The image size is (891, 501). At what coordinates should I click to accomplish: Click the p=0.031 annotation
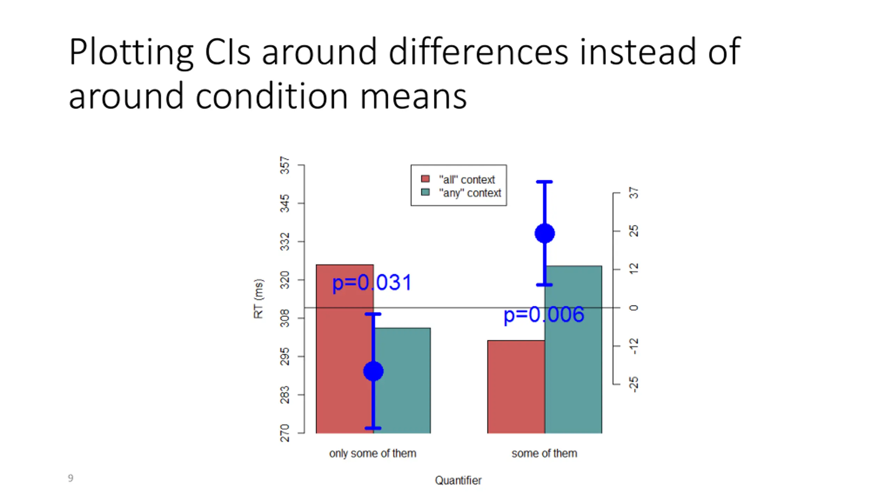coord(372,283)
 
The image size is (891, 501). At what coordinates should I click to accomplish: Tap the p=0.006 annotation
coord(544,315)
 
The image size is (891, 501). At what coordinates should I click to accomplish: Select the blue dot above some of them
coord(544,233)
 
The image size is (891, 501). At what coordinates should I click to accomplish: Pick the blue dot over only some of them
coord(373,371)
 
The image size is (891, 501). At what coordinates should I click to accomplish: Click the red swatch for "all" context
coord(425,179)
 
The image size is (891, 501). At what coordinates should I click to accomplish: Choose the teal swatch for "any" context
coord(425,192)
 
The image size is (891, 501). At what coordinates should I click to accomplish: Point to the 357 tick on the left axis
coord(285,165)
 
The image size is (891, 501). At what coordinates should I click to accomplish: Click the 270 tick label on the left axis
coord(285,433)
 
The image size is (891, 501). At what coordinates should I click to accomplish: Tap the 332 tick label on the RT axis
coord(285,242)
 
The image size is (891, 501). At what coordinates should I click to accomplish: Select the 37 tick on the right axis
coord(634,193)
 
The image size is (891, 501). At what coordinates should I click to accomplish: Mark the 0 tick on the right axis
coord(634,308)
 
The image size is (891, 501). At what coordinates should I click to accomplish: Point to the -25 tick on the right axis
coord(634,384)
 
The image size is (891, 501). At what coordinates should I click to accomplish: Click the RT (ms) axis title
coord(259,299)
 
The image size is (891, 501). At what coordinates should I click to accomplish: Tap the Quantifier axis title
coord(458,480)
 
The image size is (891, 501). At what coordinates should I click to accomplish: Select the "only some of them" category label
coord(372,453)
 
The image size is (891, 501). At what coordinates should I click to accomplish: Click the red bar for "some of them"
coord(516,386)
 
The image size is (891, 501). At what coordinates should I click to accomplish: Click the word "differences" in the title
coord(478,52)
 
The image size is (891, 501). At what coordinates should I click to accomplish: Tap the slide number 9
coord(71,478)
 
